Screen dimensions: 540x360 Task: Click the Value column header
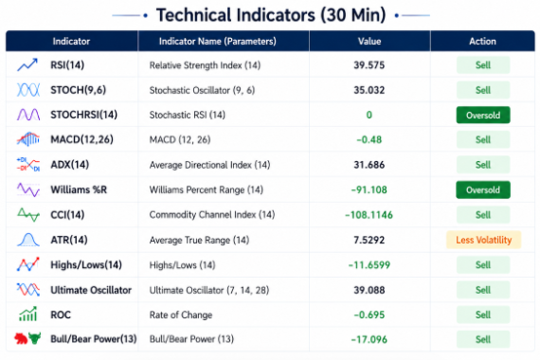[x=369, y=41]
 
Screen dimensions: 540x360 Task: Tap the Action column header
[x=482, y=41]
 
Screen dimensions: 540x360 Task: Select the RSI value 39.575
[x=369, y=65]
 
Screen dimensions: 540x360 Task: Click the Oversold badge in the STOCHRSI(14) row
[x=483, y=115]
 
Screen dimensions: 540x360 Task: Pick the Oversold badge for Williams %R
[x=483, y=190]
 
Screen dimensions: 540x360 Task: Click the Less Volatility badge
[x=483, y=240]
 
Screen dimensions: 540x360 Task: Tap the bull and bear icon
[x=27, y=339]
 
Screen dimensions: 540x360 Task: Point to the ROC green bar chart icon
[x=28, y=314]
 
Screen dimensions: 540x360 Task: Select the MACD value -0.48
[x=369, y=140]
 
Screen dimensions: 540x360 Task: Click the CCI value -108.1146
[x=368, y=215]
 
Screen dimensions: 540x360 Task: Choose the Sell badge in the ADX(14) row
[x=483, y=165]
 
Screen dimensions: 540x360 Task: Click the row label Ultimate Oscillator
[x=91, y=290]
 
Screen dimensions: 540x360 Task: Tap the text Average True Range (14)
[x=199, y=240]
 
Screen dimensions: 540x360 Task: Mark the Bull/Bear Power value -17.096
[x=369, y=340]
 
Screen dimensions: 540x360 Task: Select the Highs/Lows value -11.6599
[x=369, y=264]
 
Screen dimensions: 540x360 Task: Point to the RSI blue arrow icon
[x=27, y=64]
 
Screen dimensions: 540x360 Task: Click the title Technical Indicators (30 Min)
[x=271, y=16]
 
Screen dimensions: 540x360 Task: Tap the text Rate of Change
[x=180, y=315]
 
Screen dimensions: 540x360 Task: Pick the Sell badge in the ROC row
[x=483, y=315]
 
